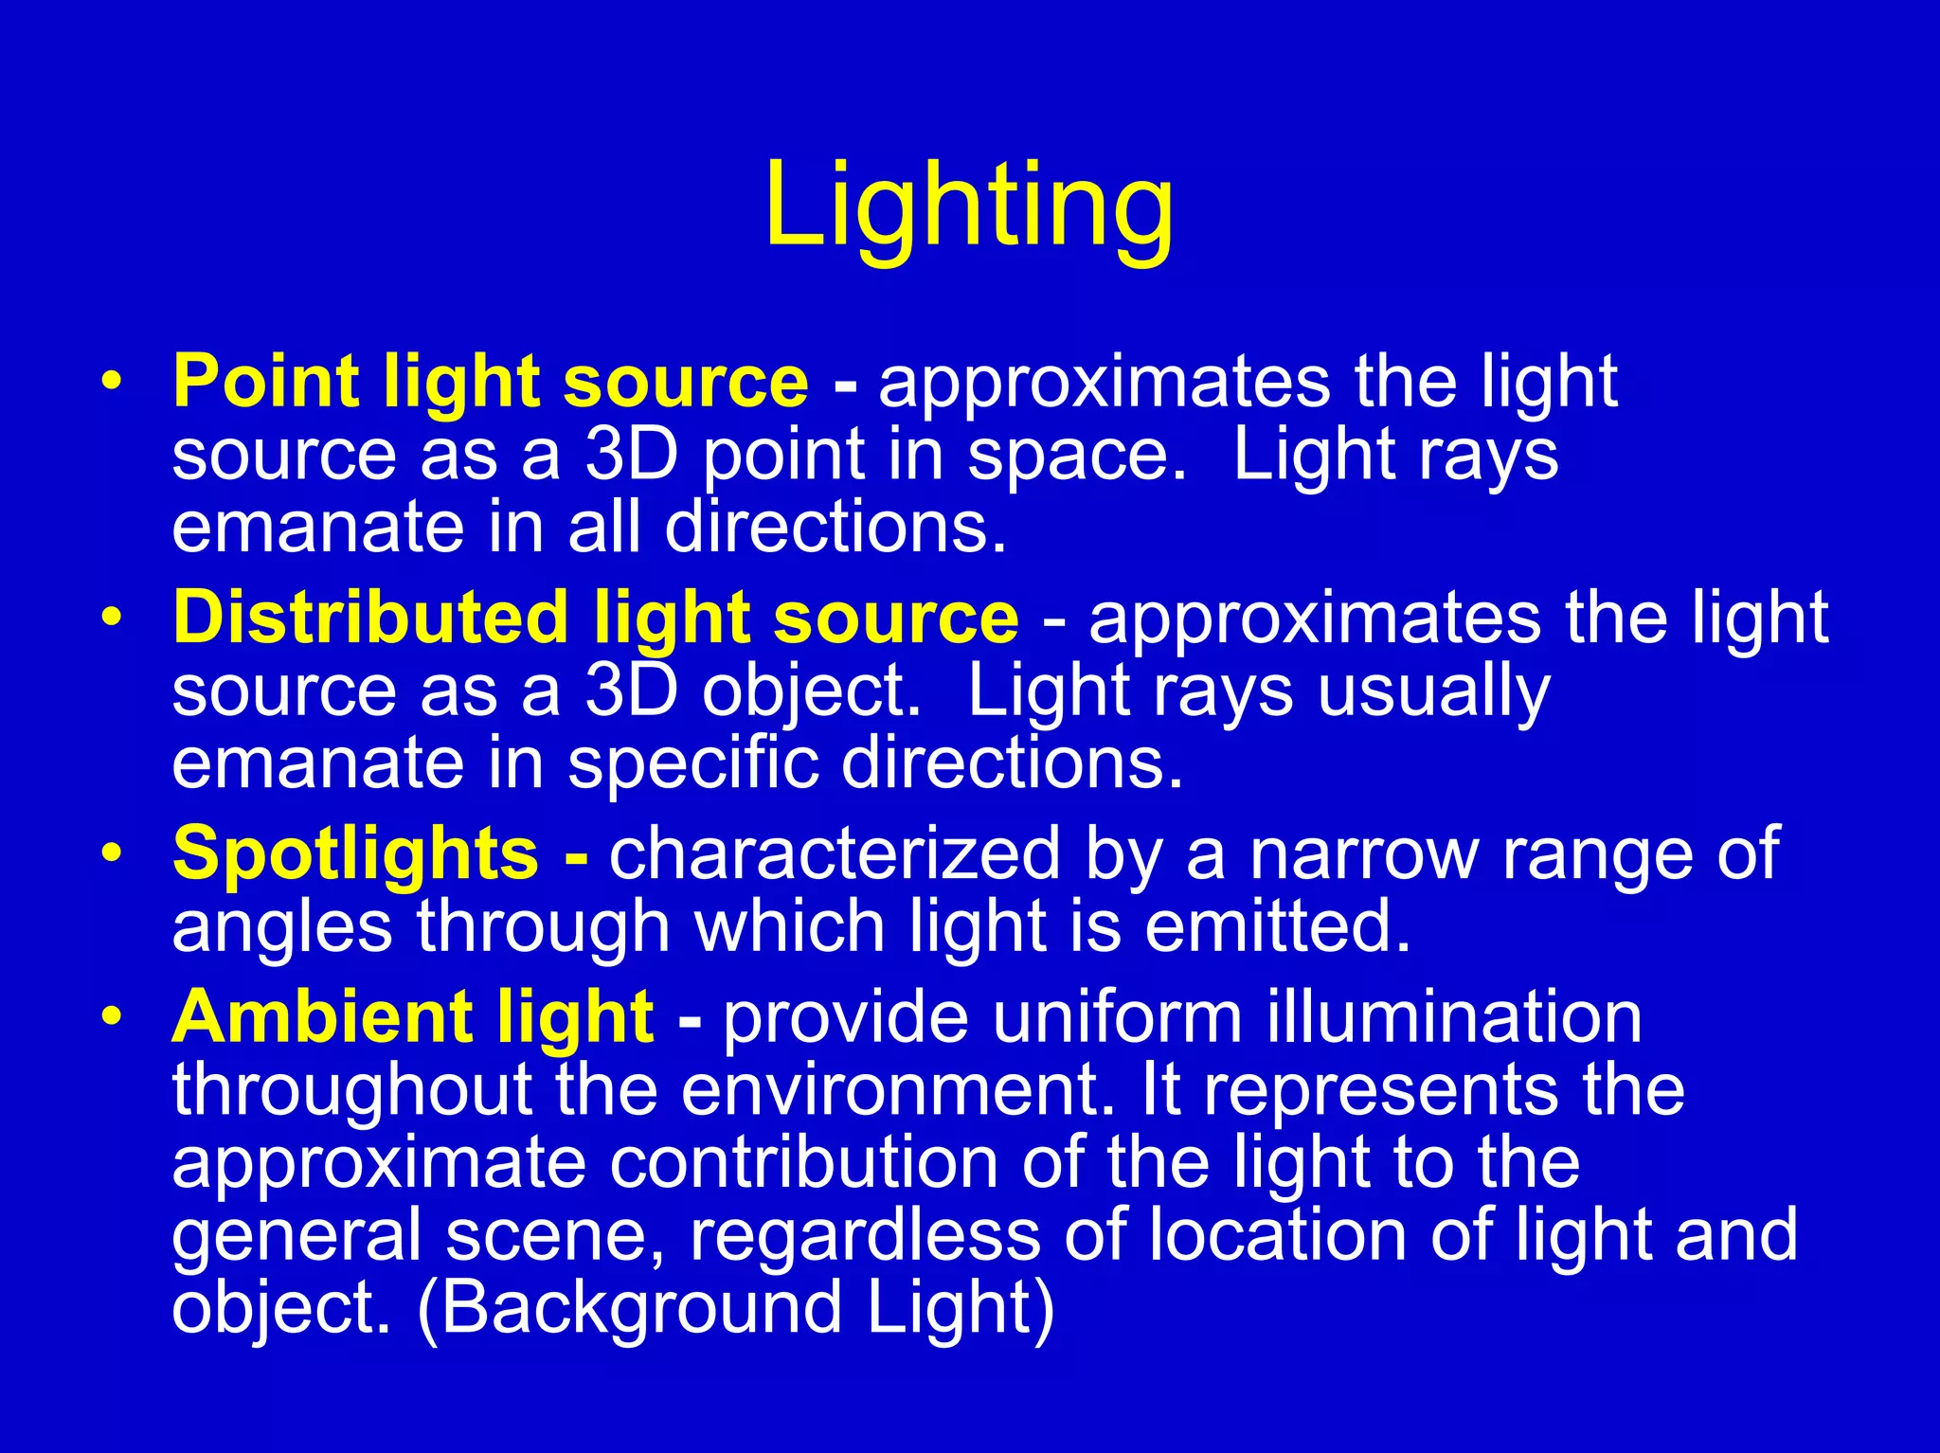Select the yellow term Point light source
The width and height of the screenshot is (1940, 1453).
(491, 381)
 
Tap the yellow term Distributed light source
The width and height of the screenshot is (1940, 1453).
(596, 618)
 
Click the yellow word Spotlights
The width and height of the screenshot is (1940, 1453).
(356, 852)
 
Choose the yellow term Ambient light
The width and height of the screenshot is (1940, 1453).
(413, 1017)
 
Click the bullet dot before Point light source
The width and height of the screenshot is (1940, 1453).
(113, 382)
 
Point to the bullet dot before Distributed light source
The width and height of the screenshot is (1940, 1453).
(113, 619)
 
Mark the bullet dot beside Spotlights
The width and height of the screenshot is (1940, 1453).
(113, 853)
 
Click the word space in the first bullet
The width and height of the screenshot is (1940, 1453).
(1075, 457)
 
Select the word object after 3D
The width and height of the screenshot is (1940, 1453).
(811, 693)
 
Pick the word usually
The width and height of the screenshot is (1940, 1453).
(1434, 693)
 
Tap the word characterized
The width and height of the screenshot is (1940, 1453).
(834, 853)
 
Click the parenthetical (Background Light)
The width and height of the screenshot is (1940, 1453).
(736, 1307)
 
